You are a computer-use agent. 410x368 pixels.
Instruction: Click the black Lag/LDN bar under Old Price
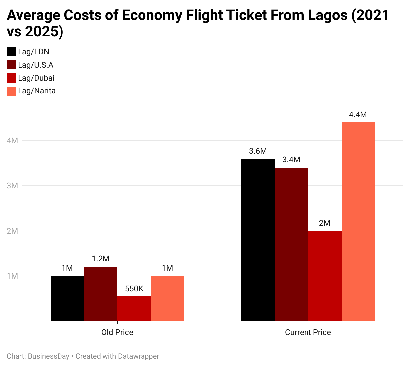coord(67,298)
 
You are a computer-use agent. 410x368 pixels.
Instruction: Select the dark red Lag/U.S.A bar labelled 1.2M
coord(101,294)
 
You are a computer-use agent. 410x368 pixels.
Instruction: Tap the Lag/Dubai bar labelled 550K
coord(134,308)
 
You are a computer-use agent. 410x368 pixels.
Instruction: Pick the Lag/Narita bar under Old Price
coord(167,298)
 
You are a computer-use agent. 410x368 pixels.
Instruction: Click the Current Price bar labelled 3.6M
coord(258,240)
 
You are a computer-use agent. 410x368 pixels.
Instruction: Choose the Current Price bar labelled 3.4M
coord(291,244)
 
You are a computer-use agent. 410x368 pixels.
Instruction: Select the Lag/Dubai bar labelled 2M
coord(325,276)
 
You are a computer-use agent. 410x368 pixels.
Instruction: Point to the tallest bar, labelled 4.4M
coord(358,221)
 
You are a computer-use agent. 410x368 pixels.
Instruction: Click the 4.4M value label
coord(358,115)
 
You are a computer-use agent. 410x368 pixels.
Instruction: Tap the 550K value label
coord(134,289)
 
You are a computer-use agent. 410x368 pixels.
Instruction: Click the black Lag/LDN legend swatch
coord(11,52)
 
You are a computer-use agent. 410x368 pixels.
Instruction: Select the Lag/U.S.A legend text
coord(36,65)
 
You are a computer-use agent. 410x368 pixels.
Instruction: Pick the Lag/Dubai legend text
coord(36,78)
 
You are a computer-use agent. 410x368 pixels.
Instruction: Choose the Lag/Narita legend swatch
coord(11,91)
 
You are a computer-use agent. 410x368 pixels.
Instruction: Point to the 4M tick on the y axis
coord(12,141)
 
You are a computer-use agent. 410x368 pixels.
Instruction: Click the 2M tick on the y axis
coord(12,231)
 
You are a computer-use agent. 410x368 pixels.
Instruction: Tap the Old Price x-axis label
coord(117,332)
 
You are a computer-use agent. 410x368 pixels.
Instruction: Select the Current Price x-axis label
coord(308,332)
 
